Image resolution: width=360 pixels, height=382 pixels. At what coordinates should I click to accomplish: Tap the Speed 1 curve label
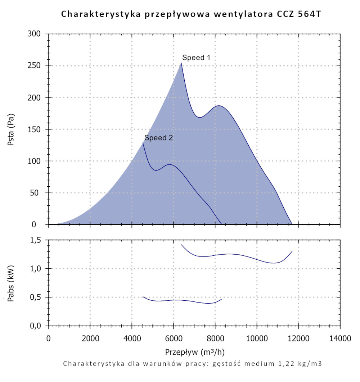[196, 58]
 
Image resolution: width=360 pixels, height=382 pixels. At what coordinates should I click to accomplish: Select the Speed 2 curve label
[159, 138]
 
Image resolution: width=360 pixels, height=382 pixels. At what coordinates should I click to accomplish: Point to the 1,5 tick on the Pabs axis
[38, 240]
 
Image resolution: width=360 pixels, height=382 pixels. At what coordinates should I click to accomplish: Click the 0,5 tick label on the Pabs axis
[38, 297]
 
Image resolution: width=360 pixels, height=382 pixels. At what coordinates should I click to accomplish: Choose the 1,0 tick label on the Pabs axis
[38, 269]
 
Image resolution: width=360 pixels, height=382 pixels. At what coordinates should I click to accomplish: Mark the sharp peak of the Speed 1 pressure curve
[181, 63]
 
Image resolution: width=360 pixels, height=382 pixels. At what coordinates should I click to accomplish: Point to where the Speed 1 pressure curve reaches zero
[292, 224]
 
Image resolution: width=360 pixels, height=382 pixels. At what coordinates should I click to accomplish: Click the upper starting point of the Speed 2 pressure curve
[143, 143]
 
